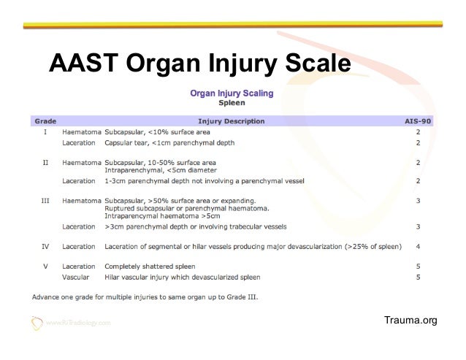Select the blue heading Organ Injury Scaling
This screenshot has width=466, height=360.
232,93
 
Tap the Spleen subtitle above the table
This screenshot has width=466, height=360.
232,104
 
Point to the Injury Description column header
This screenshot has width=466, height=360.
231,120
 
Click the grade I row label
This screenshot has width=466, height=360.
45,132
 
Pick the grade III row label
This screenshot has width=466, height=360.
45,199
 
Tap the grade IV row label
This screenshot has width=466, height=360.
45,246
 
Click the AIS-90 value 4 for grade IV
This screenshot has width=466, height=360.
417,246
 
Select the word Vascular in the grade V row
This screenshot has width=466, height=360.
77,277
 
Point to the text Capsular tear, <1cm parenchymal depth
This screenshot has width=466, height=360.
169,143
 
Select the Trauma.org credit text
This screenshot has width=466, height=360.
415,321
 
